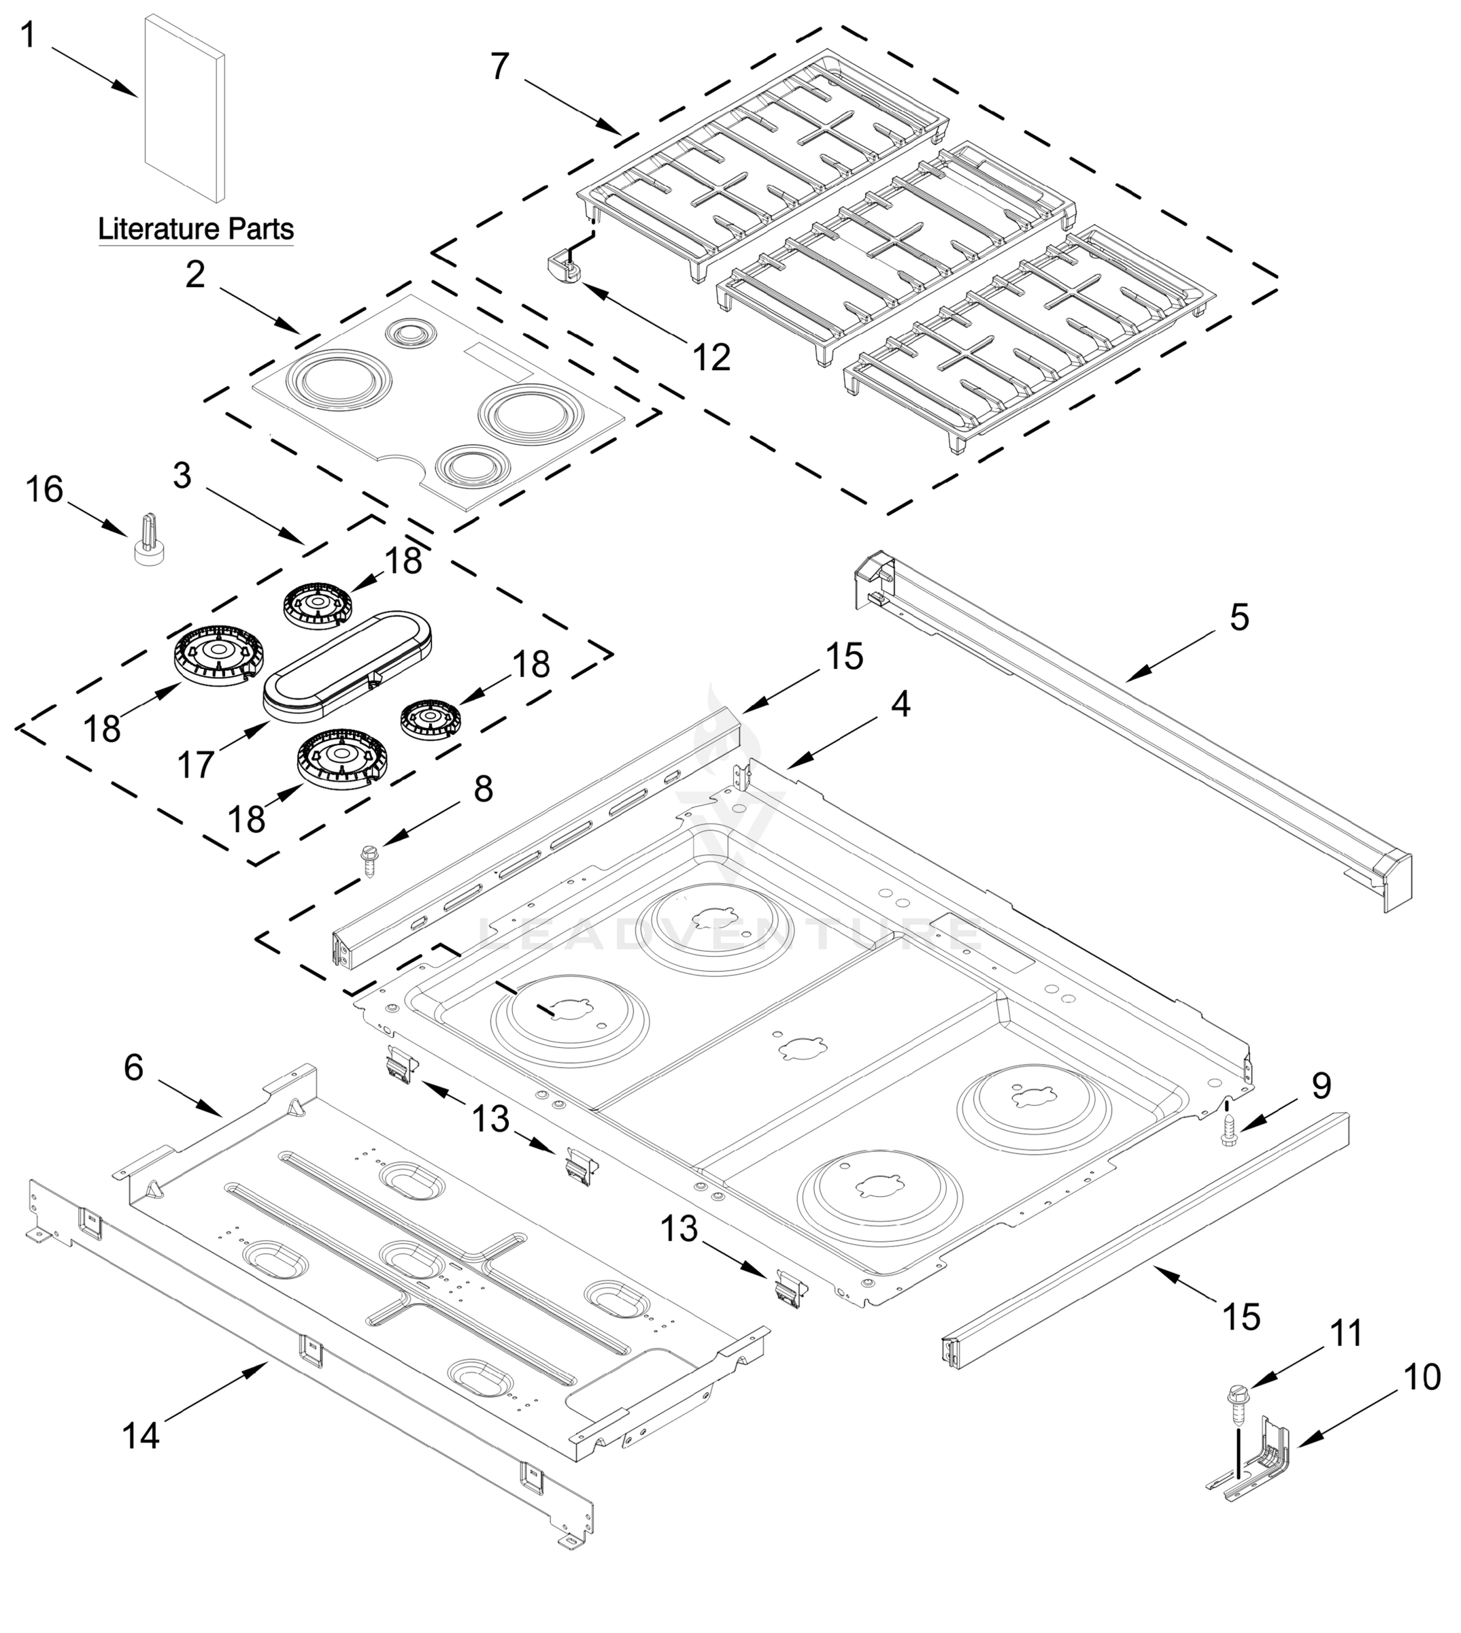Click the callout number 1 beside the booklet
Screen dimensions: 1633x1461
28,35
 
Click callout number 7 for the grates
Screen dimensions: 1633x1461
500,67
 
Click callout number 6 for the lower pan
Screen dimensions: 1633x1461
133,1068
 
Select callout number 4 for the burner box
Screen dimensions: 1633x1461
901,704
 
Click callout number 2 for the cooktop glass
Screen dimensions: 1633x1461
195,276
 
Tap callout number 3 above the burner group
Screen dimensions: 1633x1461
182,476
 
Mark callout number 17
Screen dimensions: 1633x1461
196,765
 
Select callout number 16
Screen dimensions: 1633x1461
44,489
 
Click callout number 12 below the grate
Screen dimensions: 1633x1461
711,357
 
